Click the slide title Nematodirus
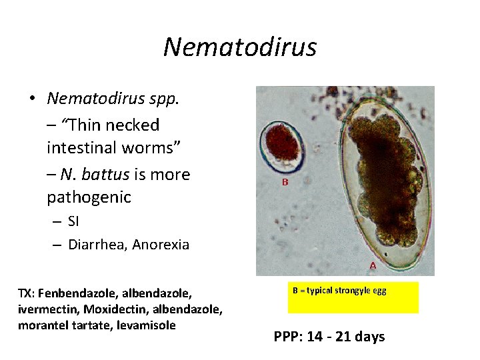(x=239, y=47)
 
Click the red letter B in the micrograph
(x=285, y=181)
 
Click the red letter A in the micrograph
(x=373, y=265)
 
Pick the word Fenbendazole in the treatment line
(x=73, y=294)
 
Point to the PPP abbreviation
(x=287, y=337)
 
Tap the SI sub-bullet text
(x=73, y=222)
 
